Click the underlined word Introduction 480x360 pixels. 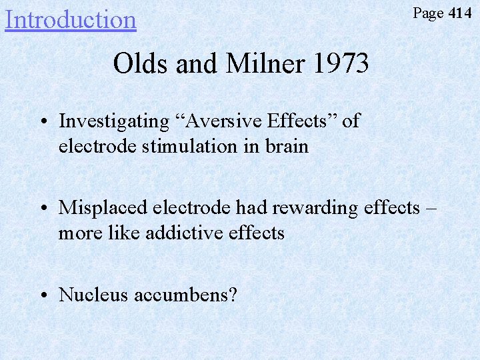[70, 19]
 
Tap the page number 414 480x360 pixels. [460, 13]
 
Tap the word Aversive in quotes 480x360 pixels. [225, 121]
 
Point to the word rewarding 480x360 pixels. [313, 207]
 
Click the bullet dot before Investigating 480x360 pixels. [42, 122]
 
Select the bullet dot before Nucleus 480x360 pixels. [42, 295]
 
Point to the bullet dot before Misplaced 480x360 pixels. [42, 208]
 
